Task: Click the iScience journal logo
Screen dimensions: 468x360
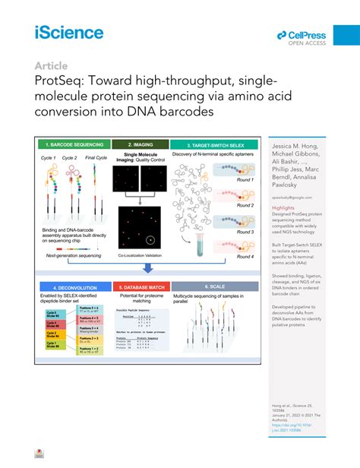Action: (68, 32)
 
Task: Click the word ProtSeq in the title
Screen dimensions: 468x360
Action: (58, 81)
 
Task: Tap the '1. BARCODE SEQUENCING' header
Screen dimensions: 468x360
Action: (74, 144)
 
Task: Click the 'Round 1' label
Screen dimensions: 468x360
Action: (245, 181)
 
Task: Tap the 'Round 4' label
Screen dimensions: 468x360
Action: (245, 257)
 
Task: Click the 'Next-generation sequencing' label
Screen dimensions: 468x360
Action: (74, 257)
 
